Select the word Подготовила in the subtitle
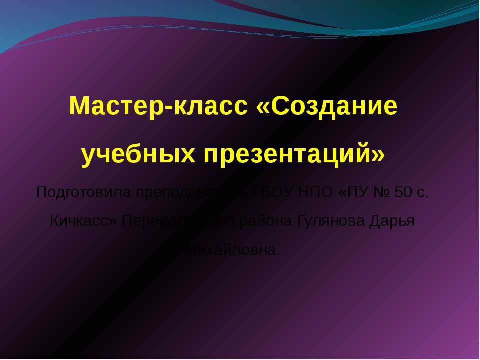click(83, 192)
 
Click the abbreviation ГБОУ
click(276, 192)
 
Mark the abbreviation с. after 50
click(422, 193)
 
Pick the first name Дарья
click(392, 221)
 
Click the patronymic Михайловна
click(232, 249)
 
